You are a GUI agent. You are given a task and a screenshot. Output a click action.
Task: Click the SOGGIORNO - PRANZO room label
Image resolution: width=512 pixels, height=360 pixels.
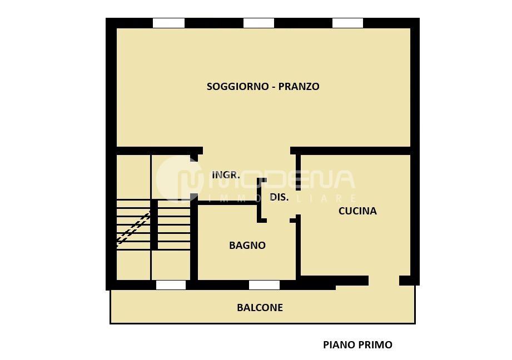[263, 87]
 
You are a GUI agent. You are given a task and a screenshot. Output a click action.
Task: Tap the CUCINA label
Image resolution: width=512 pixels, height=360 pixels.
[357, 211]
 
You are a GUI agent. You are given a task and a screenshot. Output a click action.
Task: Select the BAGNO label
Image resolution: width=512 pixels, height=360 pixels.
[247, 246]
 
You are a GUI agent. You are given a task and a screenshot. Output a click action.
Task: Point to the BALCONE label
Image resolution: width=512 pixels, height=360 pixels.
[260, 308]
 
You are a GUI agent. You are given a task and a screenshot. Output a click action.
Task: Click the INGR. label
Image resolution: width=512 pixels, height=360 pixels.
[226, 175]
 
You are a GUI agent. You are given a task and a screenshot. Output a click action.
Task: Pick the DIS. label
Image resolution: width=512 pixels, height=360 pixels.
[279, 197]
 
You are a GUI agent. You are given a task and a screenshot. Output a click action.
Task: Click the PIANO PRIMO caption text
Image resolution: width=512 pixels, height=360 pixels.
[357, 345]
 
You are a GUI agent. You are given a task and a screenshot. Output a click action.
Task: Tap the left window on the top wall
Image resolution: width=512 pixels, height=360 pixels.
[168, 23]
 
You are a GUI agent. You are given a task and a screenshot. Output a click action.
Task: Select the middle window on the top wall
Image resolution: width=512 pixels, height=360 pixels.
[259, 23]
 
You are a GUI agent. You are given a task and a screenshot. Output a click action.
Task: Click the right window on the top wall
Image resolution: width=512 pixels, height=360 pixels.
[347, 23]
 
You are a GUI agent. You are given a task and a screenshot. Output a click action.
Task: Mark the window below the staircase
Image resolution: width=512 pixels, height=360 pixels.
[171, 285]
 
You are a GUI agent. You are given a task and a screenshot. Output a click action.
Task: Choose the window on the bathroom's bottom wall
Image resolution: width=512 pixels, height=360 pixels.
[264, 285]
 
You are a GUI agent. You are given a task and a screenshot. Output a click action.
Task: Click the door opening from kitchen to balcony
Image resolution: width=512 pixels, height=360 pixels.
[384, 281]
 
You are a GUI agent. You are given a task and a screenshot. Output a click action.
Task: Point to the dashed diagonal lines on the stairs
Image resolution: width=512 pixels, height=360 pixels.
[133, 228]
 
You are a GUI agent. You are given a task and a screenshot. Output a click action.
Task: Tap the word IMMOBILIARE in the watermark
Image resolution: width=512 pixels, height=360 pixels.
[281, 198]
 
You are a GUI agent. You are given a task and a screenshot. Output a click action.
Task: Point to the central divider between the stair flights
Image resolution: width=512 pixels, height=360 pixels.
[154, 225]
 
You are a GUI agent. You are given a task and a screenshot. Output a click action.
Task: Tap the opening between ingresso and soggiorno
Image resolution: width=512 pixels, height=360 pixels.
[246, 151]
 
